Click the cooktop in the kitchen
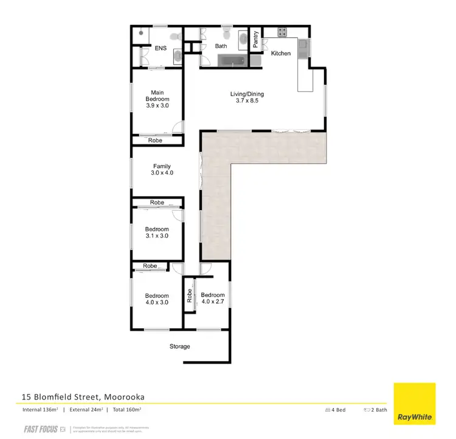[x=283, y=32]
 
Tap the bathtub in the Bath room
[x=231, y=60]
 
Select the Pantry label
[x=256, y=40]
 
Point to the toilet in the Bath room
[x=226, y=31]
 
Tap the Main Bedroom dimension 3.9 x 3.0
[x=157, y=105]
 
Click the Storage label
[x=180, y=346]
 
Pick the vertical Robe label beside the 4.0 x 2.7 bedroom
[x=190, y=296]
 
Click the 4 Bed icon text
[x=336, y=410]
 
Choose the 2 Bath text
[x=377, y=410]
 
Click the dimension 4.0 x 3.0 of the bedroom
[x=157, y=302]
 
